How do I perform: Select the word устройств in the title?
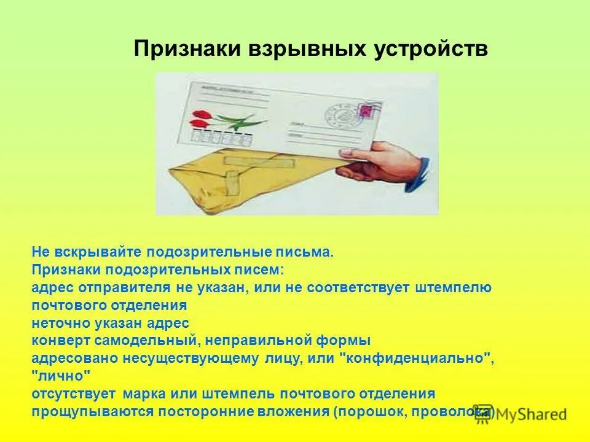point(431,49)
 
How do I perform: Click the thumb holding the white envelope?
point(354,150)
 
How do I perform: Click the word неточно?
point(58,322)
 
